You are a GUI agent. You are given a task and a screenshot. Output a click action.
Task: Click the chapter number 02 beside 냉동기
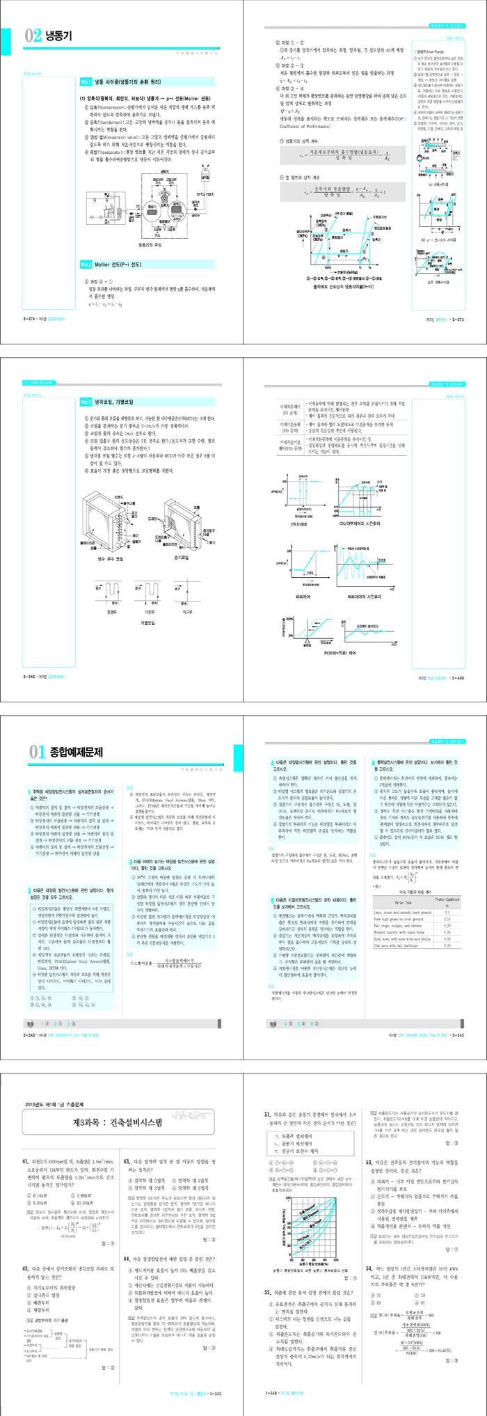[33, 36]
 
